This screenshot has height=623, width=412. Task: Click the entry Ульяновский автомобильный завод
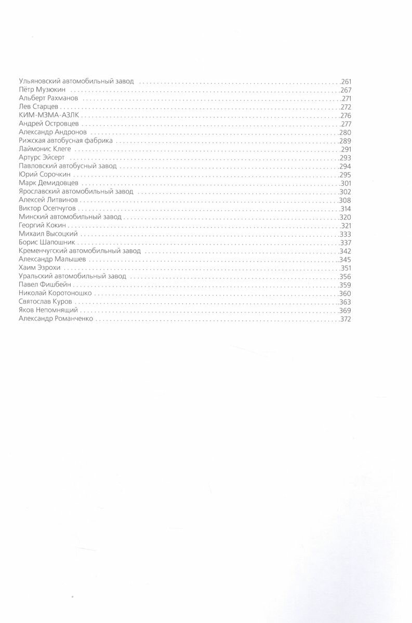(76, 82)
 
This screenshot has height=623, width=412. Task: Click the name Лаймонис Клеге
(44, 149)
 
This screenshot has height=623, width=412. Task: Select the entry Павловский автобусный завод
(68, 166)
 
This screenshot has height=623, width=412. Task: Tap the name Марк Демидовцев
(48, 183)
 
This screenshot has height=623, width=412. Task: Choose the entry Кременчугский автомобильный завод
(79, 251)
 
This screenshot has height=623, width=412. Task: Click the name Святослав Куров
(46, 302)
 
